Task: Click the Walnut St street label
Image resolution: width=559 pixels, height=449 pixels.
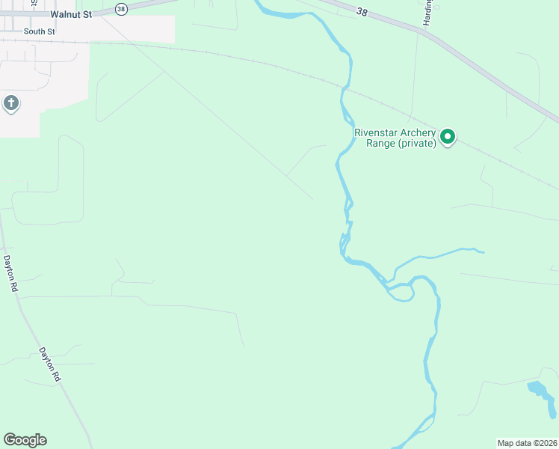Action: tap(71, 13)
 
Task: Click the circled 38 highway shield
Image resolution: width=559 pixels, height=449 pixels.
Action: tap(123, 9)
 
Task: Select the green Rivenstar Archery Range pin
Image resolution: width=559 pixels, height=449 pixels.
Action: tap(448, 136)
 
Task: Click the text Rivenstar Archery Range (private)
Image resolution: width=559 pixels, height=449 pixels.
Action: tap(395, 138)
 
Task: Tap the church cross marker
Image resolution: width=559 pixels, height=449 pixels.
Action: tap(11, 103)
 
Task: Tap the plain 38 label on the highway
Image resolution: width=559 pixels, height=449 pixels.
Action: tap(362, 13)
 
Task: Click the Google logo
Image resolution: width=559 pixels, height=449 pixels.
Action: tap(25, 440)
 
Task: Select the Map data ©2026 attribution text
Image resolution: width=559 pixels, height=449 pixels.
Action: tap(527, 443)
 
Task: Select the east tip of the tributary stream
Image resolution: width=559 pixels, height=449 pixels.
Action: tap(484, 252)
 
